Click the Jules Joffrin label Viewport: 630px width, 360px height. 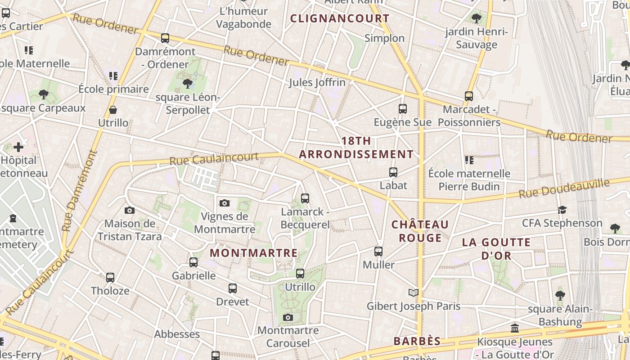coord(317,82)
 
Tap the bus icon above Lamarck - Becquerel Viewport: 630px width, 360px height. coord(305,198)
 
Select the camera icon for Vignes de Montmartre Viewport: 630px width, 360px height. coord(225,203)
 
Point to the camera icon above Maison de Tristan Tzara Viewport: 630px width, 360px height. coord(130,210)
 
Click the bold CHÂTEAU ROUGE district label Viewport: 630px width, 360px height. coord(420,231)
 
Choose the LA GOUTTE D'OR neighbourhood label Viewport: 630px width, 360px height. coord(496,249)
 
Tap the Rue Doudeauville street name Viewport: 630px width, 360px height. coord(564,189)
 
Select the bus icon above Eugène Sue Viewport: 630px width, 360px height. coord(403,109)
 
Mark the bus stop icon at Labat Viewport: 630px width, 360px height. coord(393,172)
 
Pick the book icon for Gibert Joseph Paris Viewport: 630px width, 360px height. coord(414,293)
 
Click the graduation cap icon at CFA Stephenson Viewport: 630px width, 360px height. coord(562,210)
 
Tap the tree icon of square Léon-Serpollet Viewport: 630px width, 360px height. coord(188,84)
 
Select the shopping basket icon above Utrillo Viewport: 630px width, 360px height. coord(113,110)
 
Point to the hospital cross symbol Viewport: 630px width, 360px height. coord(18,147)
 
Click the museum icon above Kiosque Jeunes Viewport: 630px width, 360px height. coord(515,328)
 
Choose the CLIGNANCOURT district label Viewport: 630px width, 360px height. coord(340,18)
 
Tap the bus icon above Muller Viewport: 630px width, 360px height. coord(378,252)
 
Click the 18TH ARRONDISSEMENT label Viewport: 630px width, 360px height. coord(356,148)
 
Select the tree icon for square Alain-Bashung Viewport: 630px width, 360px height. coord(560,296)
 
